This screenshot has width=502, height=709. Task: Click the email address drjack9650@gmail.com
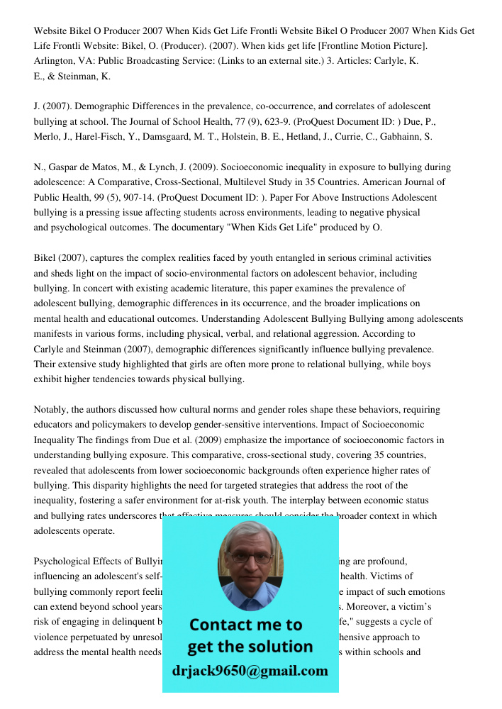tap(250, 671)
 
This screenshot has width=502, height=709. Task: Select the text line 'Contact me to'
tap(246, 625)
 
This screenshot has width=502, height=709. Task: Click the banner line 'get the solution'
tap(250, 647)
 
